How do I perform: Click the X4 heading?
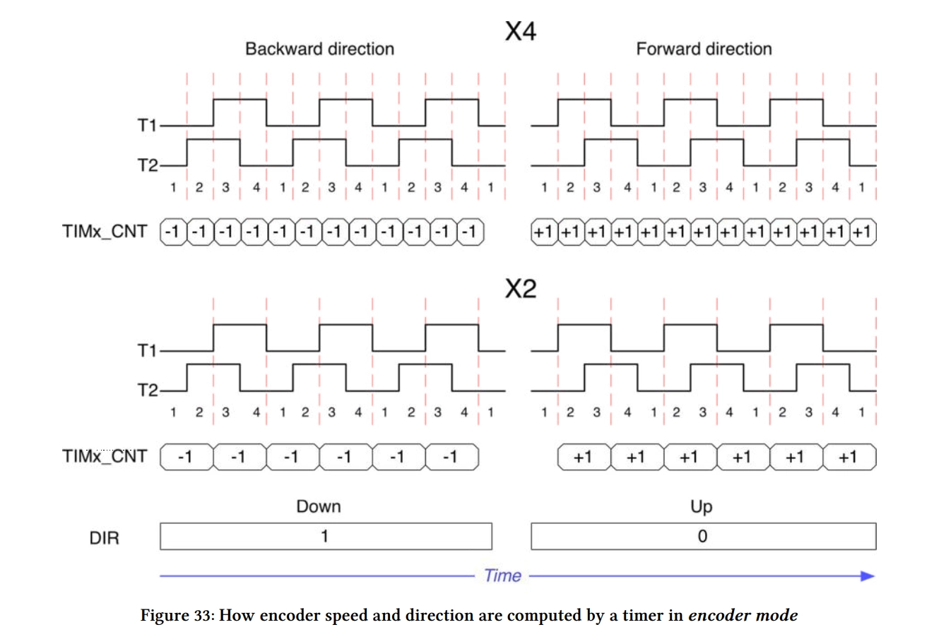click(x=520, y=31)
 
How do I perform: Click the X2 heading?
click(x=520, y=289)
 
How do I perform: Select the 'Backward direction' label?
click(x=320, y=49)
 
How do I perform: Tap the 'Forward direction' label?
click(x=704, y=49)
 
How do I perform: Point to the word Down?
click(x=319, y=506)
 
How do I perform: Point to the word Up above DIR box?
click(x=701, y=507)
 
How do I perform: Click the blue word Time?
click(x=502, y=576)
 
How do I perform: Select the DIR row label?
click(x=105, y=538)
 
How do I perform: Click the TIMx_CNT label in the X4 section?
click(x=105, y=232)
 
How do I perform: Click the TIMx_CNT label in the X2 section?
click(x=105, y=456)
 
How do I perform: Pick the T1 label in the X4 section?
click(x=147, y=126)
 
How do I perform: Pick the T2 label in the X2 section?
click(x=148, y=390)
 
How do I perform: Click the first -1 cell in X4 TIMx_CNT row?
click(x=173, y=232)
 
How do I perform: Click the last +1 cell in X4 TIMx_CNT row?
click(x=863, y=232)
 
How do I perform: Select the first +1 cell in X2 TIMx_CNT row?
click(x=584, y=457)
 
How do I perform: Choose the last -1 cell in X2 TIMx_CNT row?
click(x=452, y=457)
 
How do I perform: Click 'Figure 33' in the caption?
click(x=177, y=615)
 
